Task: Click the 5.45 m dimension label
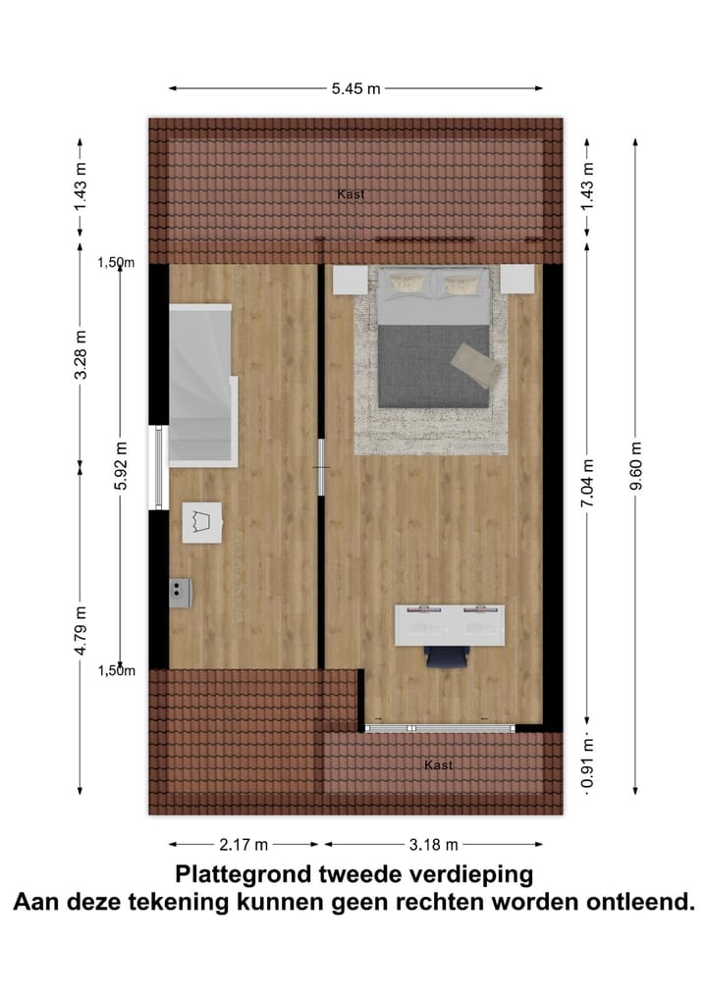click(x=355, y=88)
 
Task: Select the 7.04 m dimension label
click(x=586, y=484)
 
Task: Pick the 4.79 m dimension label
click(x=82, y=623)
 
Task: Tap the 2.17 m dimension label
click(x=245, y=844)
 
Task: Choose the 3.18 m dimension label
click(x=433, y=844)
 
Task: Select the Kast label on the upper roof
click(x=351, y=194)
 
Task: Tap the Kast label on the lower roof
click(x=438, y=764)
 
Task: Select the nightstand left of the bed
click(x=349, y=280)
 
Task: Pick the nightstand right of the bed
click(x=517, y=280)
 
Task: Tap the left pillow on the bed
click(x=407, y=285)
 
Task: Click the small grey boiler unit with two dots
click(x=179, y=591)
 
